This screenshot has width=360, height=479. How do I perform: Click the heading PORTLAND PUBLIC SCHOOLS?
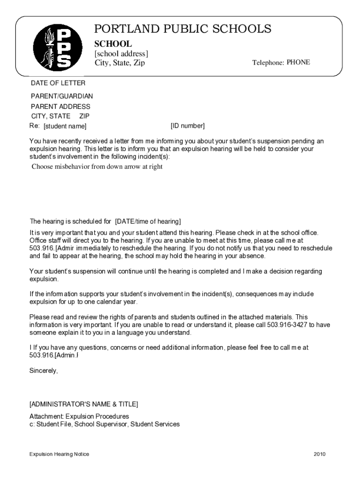pyautogui.click(x=182, y=29)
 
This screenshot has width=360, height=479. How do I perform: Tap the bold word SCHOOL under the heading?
pyautogui.click(x=113, y=44)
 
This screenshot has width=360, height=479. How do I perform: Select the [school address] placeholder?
pyautogui.click(x=122, y=54)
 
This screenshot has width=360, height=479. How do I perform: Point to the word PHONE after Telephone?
pyautogui.click(x=298, y=62)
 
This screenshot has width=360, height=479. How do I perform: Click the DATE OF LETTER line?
pyautogui.click(x=58, y=83)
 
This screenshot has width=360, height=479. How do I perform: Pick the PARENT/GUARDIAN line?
pyautogui.click(x=62, y=96)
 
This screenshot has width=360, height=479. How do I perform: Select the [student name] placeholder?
pyautogui.click(x=65, y=126)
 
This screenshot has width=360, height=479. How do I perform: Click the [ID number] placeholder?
pyautogui.click(x=187, y=126)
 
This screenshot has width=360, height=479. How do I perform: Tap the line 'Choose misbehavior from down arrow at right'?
pyautogui.click(x=97, y=167)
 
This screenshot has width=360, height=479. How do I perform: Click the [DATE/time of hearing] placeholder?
pyautogui.click(x=148, y=221)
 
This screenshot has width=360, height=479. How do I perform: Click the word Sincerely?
pyautogui.click(x=44, y=370)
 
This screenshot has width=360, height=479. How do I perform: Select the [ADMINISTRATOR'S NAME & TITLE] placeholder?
pyautogui.click(x=84, y=404)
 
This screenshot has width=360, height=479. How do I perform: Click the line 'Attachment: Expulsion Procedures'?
pyautogui.click(x=79, y=416)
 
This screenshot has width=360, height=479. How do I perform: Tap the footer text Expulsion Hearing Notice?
pyautogui.click(x=59, y=454)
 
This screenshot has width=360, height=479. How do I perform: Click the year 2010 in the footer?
pyautogui.click(x=320, y=454)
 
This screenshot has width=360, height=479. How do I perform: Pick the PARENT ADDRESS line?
pyautogui.click(x=61, y=107)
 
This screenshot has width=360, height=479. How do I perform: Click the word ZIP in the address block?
pyautogui.click(x=84, y=116)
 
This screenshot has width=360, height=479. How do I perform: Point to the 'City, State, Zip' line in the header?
pyautogui.click(x=120, y=63)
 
